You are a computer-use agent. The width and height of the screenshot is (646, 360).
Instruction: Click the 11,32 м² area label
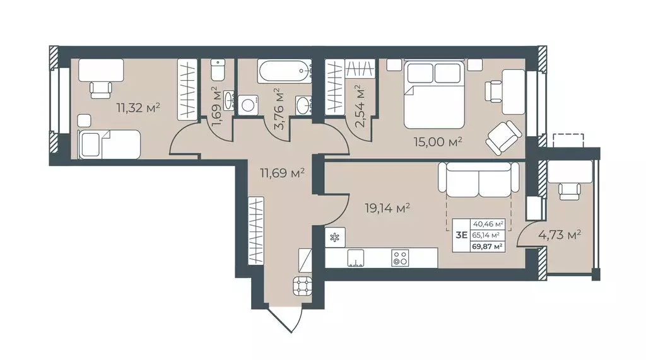click(x=138, y=108)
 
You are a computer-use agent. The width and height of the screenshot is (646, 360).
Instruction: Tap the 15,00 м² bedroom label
click(x=438, y=142)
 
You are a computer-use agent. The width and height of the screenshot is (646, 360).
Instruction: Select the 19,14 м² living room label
click(x=387, y=209)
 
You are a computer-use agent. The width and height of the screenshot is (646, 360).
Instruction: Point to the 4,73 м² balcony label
click(x=560, y=235)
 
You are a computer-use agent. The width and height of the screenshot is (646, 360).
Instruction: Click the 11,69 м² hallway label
click(x=282, y=172)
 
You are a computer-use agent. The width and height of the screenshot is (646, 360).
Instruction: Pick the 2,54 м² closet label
click(x=360, y=108)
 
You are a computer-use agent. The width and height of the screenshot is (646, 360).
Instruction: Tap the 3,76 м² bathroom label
click(x=279, y=109)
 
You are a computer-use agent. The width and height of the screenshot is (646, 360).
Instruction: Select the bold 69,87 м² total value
click(x=488, y=247)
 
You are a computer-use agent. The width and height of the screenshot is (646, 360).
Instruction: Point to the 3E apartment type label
click(x=461, y=235)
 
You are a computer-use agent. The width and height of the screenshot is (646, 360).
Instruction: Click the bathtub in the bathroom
click(x=285, y=71)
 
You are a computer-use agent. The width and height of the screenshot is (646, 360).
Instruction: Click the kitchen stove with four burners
click(x=399, y=258)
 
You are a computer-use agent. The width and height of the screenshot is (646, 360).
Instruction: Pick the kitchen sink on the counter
click(x=356, y=258)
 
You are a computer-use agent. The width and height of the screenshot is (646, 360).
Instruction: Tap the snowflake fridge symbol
click(x=335, y=237)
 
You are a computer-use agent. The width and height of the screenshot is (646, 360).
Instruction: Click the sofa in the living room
click(x=478, y=179)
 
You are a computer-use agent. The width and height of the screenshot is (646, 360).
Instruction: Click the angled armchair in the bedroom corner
click(x=503, y=138)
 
